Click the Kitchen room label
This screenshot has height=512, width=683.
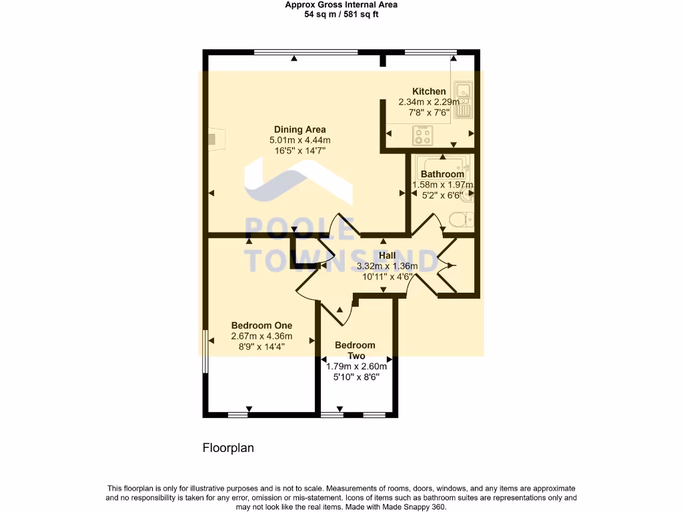pyautogui.click(x=429, y=91)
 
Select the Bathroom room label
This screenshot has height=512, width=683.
pyautogui.click(x=442, y=174)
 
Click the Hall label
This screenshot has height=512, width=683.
pyautogui.click(x=387, y=255)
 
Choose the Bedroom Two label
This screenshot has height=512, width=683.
pyautogui.click(x=355, y=351)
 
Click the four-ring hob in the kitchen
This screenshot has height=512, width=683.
pyautogui.click(x=423, y=136)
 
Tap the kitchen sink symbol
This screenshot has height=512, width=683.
pyautogui.click(x=463, y=100)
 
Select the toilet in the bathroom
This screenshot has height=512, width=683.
pyautogui.click(x=460, y=219)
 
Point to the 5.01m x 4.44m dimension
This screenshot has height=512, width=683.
pyautogui.click(x=299, y=140)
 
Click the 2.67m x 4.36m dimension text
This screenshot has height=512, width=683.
pyautogui.click(x=261, y=336)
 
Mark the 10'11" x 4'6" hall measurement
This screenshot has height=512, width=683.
pyautogui.click(x=388, y=277)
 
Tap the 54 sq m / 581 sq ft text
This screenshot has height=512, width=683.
pyautogui.click(x=341, y=14)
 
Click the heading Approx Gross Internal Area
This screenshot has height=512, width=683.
pyautogui.click(x=341, y=5)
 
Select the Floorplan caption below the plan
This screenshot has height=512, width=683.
pyautogui.click(x=228, y=448)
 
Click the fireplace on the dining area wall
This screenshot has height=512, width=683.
pyautogui.click(x=215, y=139)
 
